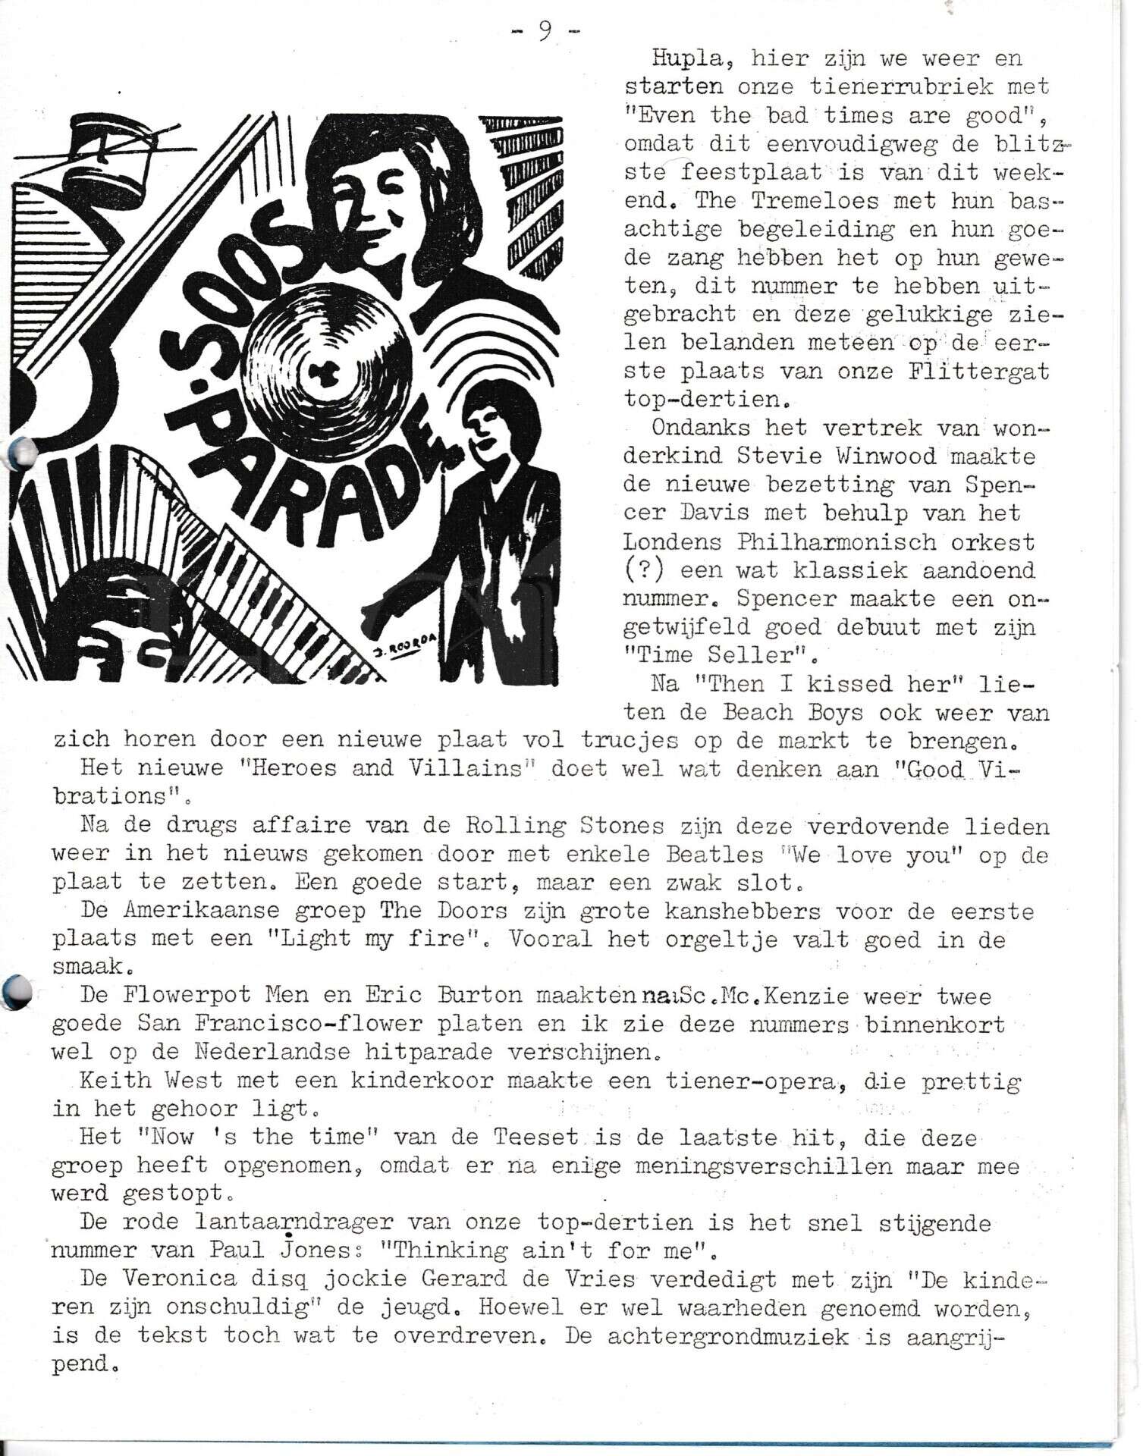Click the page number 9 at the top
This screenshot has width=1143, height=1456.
[x=544, y=31]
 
